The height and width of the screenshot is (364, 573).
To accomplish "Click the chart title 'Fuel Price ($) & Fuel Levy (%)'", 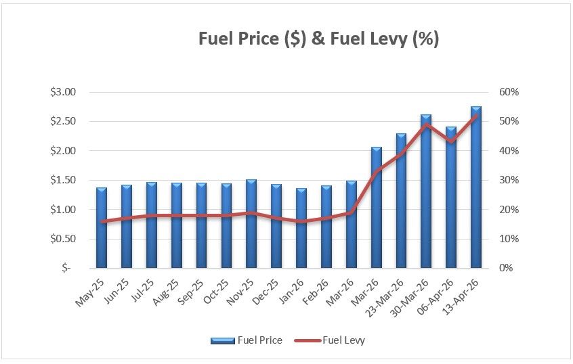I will [318, 39].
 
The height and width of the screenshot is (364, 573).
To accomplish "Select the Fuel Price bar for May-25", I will [102, 227].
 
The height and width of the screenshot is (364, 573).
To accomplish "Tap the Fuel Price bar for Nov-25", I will [251, 223].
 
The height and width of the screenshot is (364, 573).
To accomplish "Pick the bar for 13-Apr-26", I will [476, 187].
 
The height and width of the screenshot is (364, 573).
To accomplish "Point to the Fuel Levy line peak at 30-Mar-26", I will [426, 124].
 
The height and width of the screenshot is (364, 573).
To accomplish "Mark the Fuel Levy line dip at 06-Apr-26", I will [451, 141].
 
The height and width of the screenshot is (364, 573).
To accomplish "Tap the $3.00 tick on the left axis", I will [64, 92].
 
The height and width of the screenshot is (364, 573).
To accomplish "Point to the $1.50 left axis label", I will [64, 180].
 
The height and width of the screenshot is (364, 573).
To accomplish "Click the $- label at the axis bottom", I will [66, 268].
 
